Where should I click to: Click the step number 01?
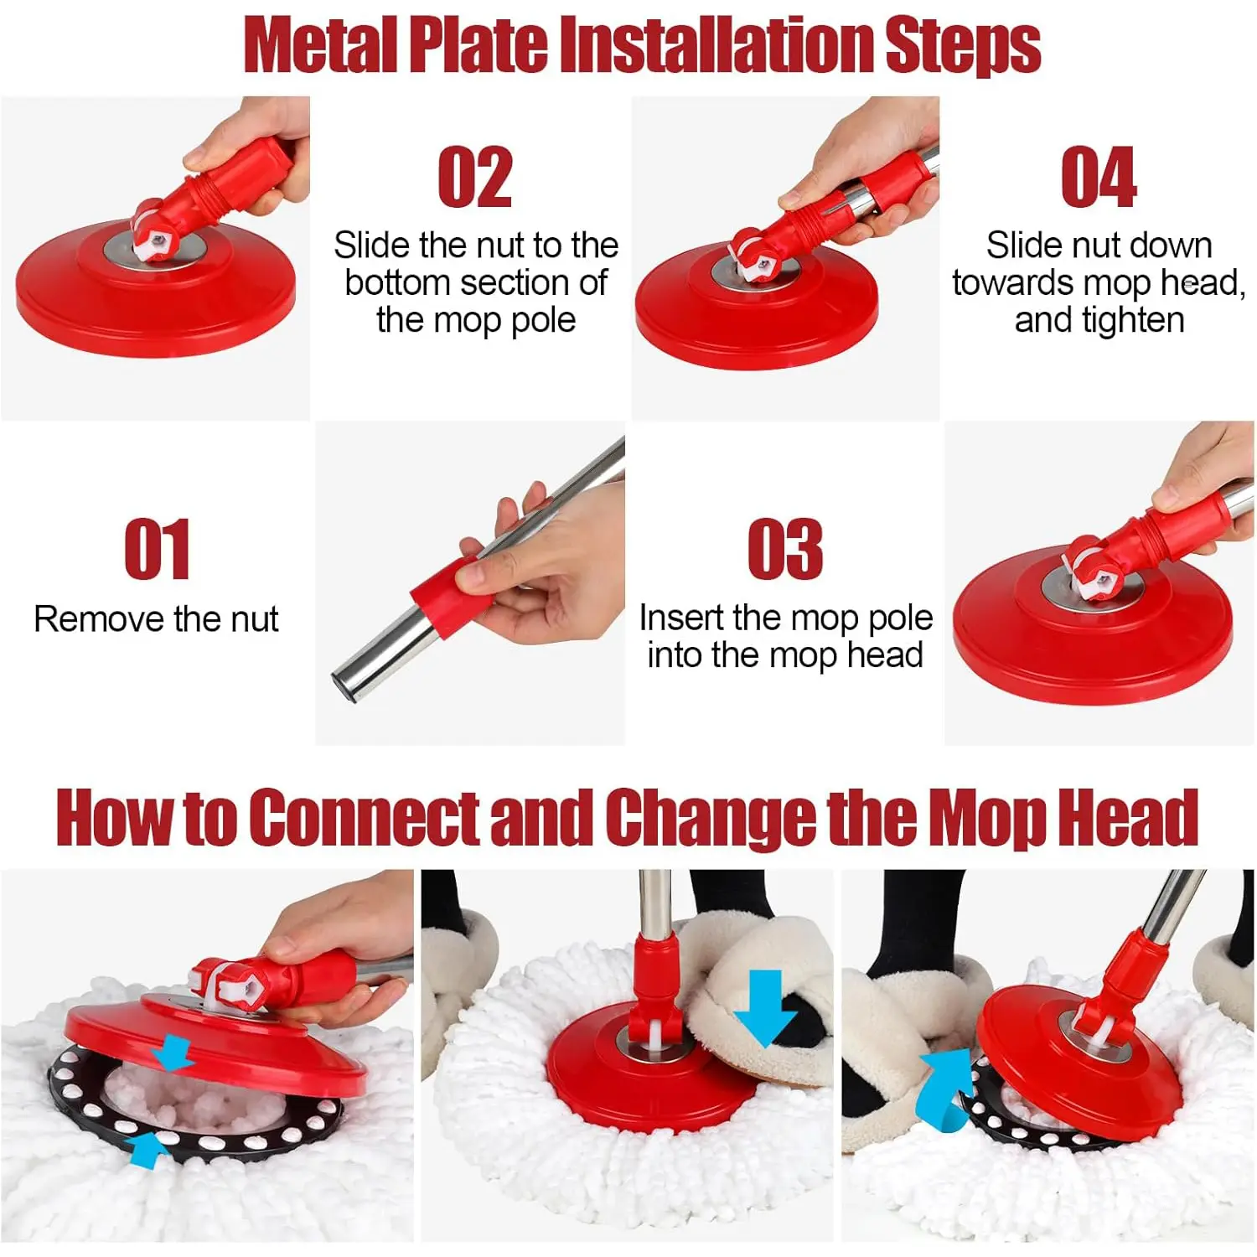tap(157, 549)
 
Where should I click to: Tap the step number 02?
tap(475, 177)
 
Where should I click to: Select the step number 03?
tap(785, 549)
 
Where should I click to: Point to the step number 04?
tap(1099, 177)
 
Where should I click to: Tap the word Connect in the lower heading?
tap(365, 817)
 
